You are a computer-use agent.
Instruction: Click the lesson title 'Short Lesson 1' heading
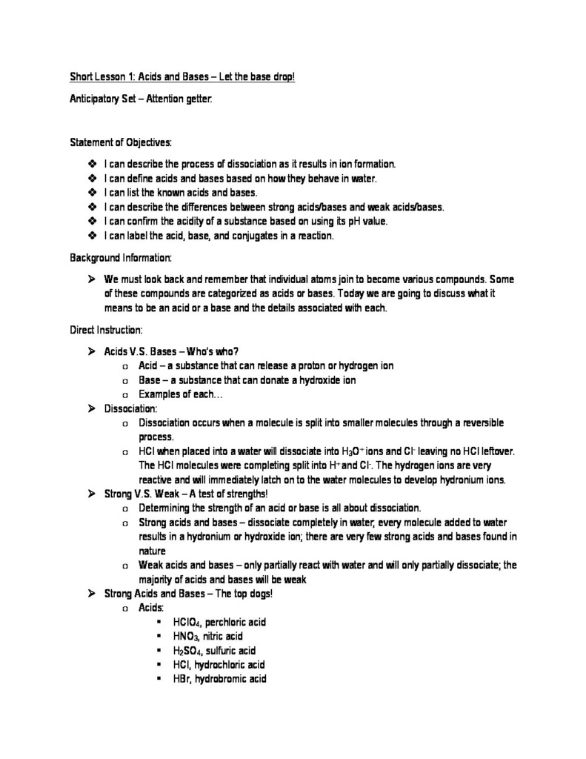pyautogui.click(x=182, y=76)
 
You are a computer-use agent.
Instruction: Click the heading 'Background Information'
pyautogui.click(x=121, y=257)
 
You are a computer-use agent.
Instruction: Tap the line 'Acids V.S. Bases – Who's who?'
pyautogui.click(x=171, y=351)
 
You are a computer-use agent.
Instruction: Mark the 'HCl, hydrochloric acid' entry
pyautogui.click(x=218, y=664)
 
